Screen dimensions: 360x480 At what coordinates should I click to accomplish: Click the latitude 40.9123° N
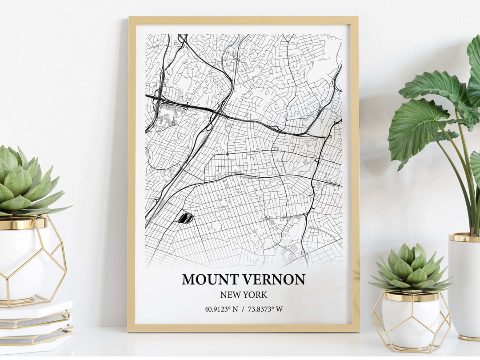pos(221,309)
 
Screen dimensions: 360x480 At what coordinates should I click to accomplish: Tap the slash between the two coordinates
pos(243,309)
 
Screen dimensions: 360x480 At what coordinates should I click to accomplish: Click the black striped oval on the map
pos(185,218)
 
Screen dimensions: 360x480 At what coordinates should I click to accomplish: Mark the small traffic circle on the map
pos(227,154)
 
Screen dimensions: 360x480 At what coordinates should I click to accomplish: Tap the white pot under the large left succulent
pos(24,258)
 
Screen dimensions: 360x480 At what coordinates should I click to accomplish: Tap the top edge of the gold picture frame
pos(243,20)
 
